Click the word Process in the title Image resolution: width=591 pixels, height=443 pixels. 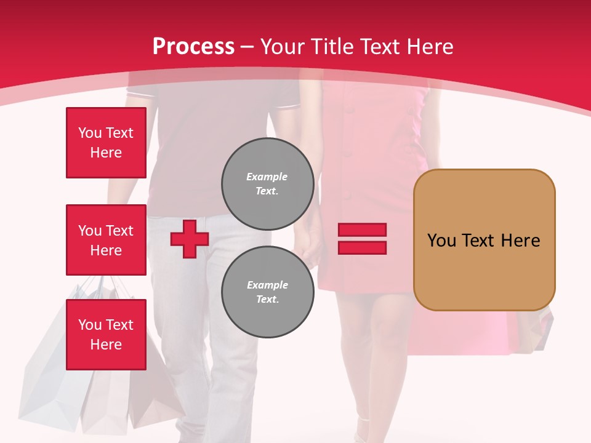(193, 47)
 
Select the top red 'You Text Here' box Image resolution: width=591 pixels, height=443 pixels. (106, 143)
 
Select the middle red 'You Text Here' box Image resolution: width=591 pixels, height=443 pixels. (106, 240)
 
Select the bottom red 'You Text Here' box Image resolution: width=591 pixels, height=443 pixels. (106, 334)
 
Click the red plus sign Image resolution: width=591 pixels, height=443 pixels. (190, 239)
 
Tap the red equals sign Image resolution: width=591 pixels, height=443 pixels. (362, 239)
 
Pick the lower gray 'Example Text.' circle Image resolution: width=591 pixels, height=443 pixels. (267, 292)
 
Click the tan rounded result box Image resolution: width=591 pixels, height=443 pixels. (484, 240)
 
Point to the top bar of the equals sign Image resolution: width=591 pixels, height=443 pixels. (362, 230)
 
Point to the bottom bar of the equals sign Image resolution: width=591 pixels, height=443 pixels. (362, 247)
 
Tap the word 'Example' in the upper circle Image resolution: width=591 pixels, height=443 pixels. (267, 177)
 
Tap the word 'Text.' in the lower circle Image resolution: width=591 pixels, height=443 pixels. (267, 300)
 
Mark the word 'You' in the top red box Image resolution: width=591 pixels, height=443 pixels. (90, 133)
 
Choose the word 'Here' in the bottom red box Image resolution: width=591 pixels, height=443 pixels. (106, 345)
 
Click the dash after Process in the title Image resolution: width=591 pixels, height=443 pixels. (247, 47)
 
